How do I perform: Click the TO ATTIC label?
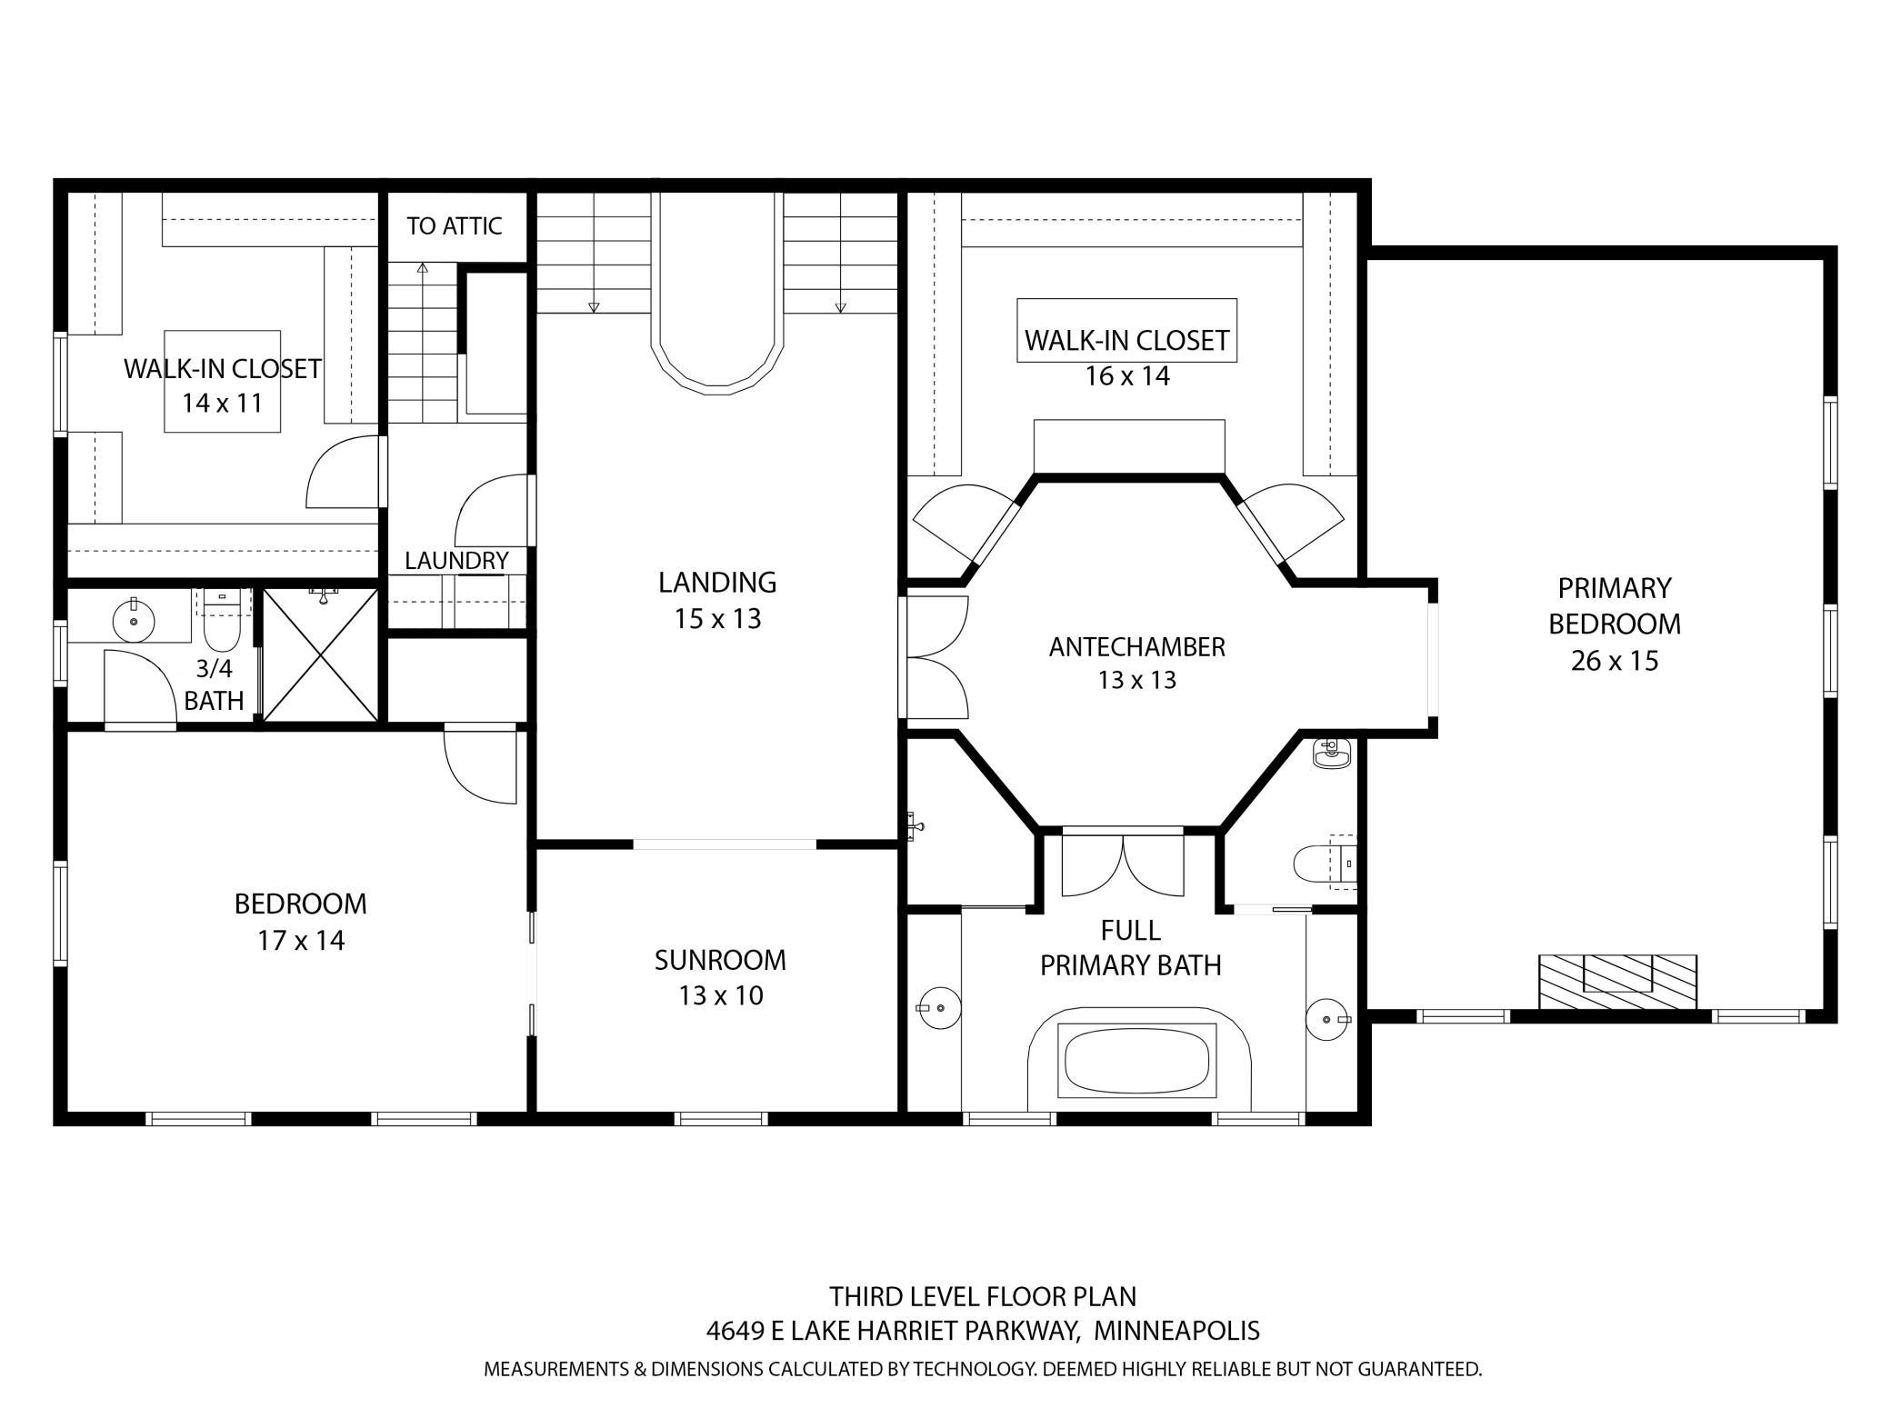coord(454,225)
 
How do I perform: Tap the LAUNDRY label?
coord(456,561)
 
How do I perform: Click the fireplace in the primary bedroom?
coord(1617,981)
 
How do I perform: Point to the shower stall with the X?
coord(320,654)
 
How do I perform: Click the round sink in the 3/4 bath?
coord(135,621)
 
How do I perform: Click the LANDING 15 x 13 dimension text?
coord(717,619)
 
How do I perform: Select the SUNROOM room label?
coord(720,960)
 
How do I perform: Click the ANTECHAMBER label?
coord(1136,647)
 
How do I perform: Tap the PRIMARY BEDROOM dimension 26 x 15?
coord(1615,661)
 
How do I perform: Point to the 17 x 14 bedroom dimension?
coord(301,940)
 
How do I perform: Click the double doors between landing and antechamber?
coord(937,655)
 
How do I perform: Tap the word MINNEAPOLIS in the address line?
coord(1176,1331)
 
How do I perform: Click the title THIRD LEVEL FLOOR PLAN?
coord(982,1295)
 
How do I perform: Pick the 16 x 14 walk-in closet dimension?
coord(1126,376)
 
